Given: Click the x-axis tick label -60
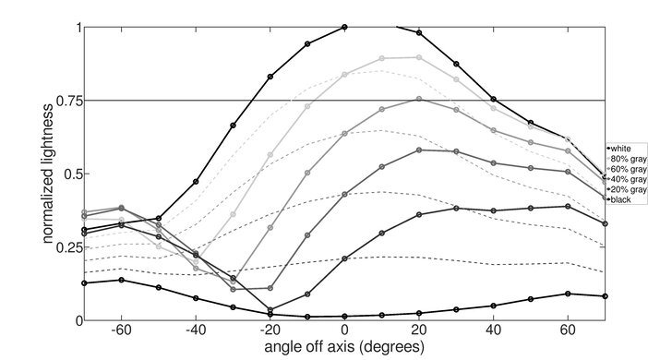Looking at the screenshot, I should (x=120, y=330).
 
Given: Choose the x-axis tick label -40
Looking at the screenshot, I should (x=195, y=330).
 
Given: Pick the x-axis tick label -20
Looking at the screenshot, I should (x=270, y=330).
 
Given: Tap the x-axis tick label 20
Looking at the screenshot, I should (x=419, y=330).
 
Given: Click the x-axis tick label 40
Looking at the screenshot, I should (x=494, y=330).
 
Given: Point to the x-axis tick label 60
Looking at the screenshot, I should (x=569, y=330).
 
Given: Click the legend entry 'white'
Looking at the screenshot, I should (x=620, y=148).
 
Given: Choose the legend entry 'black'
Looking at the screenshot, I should (x=620, y=200).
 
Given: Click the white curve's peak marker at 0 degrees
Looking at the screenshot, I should (x=344, y=27).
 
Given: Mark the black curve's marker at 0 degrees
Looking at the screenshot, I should (x=344, y=317).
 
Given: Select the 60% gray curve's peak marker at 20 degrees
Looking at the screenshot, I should (x=419, y=99).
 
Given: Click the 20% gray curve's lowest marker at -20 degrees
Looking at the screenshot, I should (x=270, y=309).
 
